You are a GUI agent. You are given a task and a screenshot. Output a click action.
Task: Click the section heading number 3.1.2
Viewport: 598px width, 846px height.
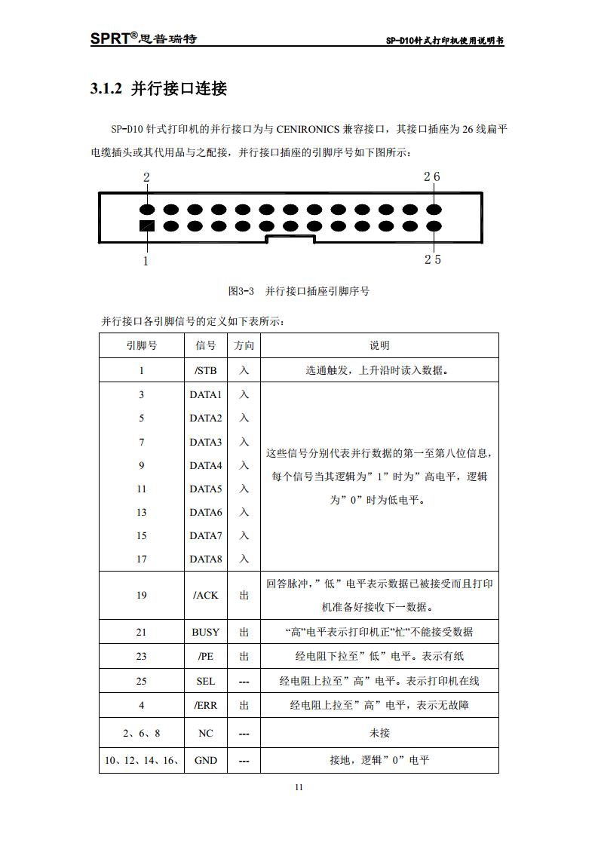(106, 89)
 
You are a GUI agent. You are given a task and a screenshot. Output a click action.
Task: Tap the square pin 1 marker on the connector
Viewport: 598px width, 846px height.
(146, 225)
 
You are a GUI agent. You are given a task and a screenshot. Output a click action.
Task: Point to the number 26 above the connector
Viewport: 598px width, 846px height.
(431, 177)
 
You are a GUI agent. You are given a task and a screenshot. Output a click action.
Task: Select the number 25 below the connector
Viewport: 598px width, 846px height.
(432, 259)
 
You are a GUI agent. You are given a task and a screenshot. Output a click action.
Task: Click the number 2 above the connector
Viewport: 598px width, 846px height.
(146, 178)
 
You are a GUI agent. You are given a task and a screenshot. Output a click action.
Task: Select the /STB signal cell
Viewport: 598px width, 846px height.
(205, 370)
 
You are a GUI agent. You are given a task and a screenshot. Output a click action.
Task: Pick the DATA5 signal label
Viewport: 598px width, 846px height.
(206, 489)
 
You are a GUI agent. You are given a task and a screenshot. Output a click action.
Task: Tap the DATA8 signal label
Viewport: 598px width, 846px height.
(206, 559)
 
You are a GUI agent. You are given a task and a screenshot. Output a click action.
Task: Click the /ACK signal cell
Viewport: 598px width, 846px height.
(205, 595)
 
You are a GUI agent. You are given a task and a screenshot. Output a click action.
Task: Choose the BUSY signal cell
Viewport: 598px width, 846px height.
(205, 632)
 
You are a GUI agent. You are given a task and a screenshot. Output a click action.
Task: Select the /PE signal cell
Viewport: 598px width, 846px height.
(205, 656)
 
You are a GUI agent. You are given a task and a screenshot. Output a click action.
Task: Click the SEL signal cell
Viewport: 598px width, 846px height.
(205, 681)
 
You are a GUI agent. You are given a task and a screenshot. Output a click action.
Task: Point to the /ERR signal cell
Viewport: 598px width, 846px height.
(205, 706)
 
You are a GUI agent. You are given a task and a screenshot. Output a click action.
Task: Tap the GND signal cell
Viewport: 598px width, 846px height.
(205, 760)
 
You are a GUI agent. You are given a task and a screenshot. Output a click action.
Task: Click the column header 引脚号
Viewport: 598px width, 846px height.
(141, 345)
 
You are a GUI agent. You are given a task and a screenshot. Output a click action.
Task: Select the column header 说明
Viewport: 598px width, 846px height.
(379, 345)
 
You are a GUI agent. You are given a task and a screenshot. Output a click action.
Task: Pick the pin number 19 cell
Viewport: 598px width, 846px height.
(141, 595)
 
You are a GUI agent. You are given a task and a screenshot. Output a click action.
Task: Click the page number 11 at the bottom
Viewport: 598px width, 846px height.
(299, 787)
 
